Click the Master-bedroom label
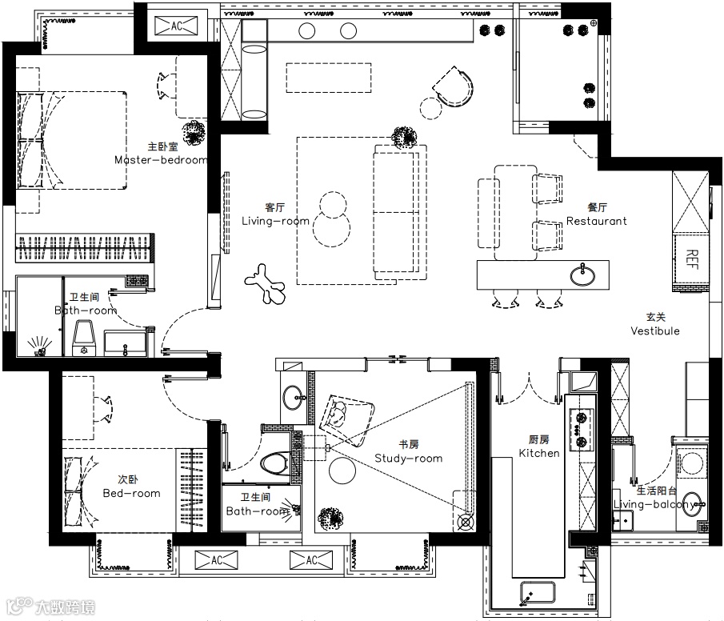(x=161, y=160)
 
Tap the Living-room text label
(x=276, y=221)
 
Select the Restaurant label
(x=597, y=221)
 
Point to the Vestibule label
(x=655, y=331)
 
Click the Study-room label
(x=409, y=459)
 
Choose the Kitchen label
(x=539, y=453)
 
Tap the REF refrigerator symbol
(x=691, y=259)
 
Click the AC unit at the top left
(x=176, y=26)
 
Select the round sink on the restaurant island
(x=582, y=275)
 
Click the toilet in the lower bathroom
(x=275, y=463)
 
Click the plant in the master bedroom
(x=194, y=133)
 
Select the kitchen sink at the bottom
(x=538, y=592)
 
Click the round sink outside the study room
(x=294, y=398)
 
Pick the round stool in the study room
(x=342, y=471)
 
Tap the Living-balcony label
(x=655, y=504)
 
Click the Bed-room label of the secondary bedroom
(x=131, y=494)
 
